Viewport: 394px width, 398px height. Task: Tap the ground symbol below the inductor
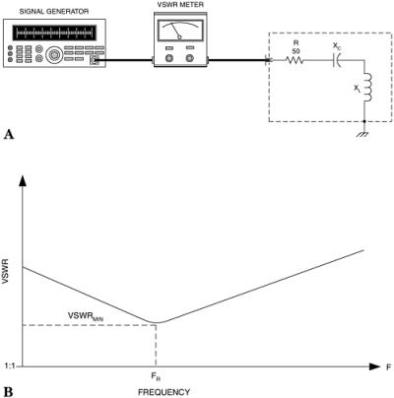(365, 130)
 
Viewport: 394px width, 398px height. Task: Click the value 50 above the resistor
(295, 50)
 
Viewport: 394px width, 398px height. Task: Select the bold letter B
(8, 391)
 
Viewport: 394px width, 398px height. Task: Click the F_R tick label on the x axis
(156, 377)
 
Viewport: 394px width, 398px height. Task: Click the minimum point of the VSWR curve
(156, 322)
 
